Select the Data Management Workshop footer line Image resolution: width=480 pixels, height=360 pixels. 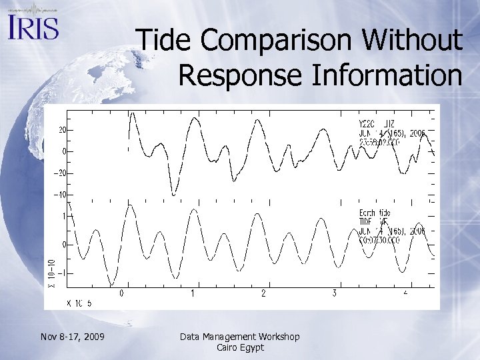pos(240,337)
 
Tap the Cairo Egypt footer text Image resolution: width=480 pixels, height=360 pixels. pos(240,347)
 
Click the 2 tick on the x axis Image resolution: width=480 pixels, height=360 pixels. pos(263,293)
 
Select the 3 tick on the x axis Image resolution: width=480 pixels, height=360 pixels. pos(335,293)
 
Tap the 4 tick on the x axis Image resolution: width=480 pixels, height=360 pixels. pos(405,293)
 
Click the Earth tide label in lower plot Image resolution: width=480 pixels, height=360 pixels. pos(375,213)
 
